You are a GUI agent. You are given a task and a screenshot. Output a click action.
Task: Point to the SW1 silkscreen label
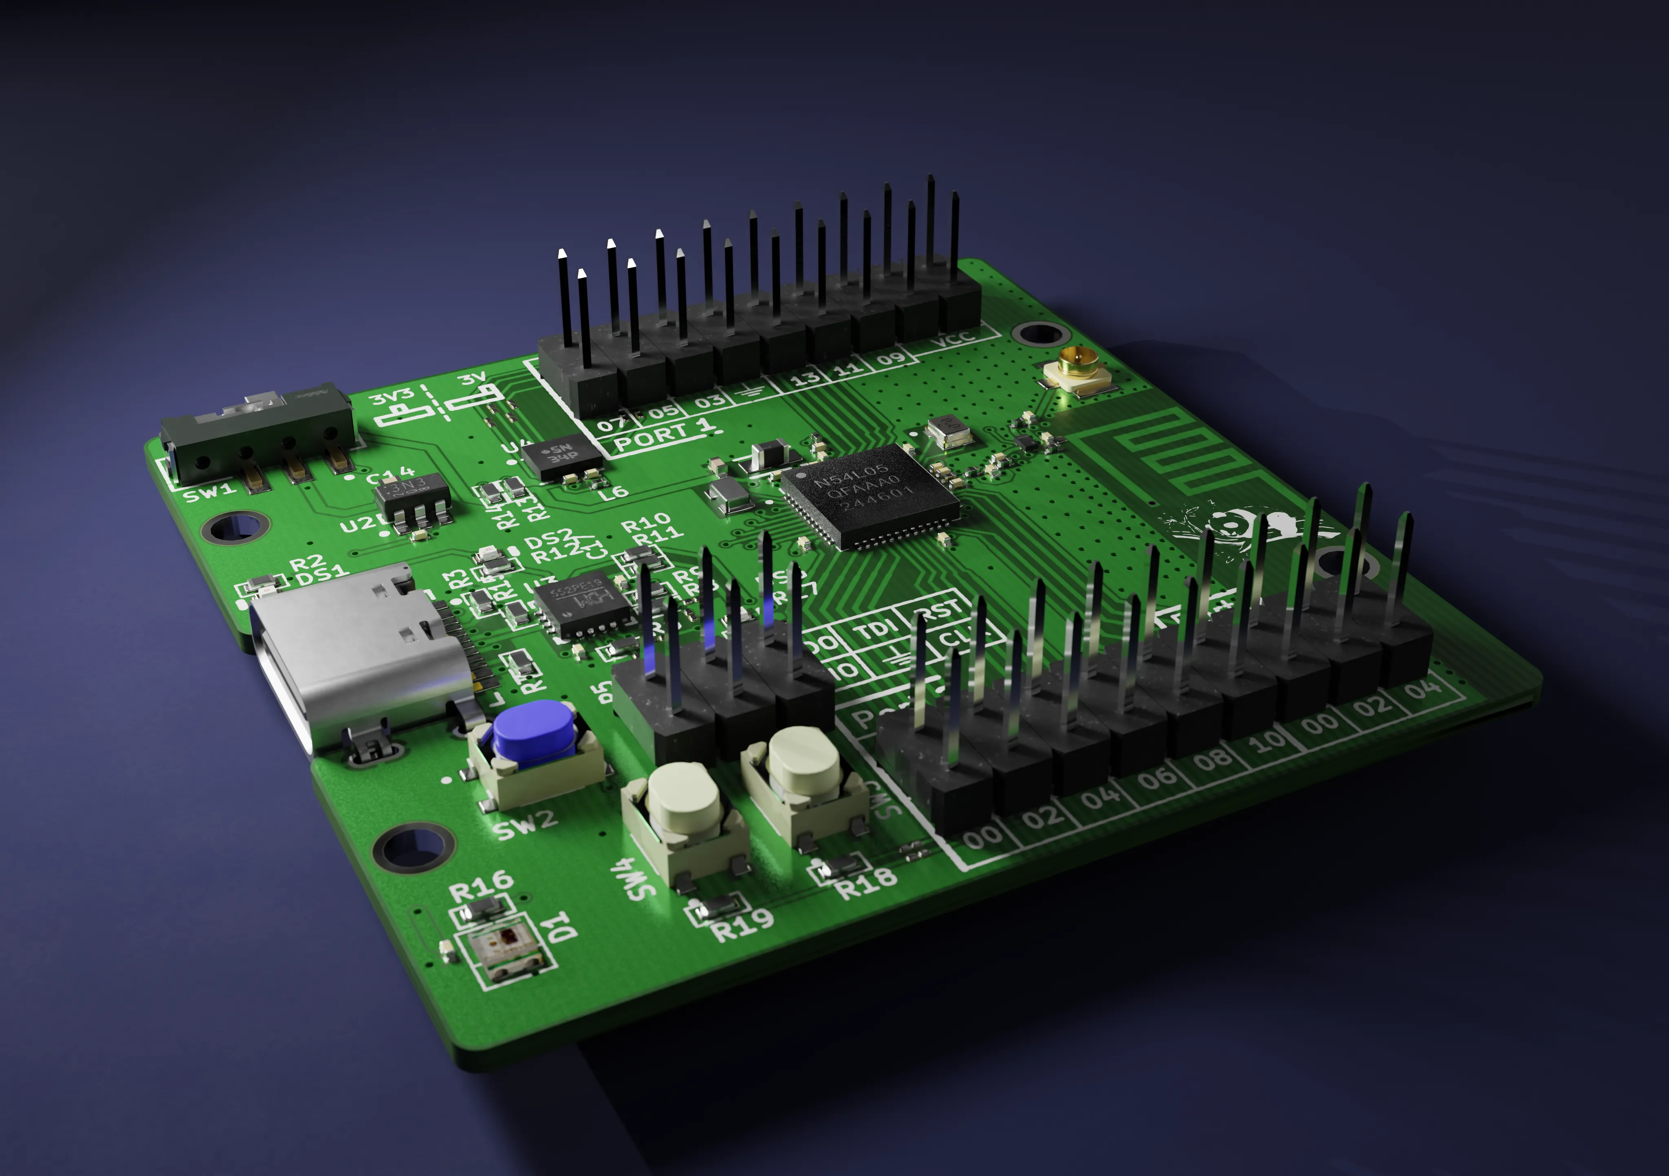tap(209, 494)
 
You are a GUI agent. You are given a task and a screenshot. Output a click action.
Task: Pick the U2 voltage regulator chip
tap(412, 497)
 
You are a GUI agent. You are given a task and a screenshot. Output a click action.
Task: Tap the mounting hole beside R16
tap(413, 847)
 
